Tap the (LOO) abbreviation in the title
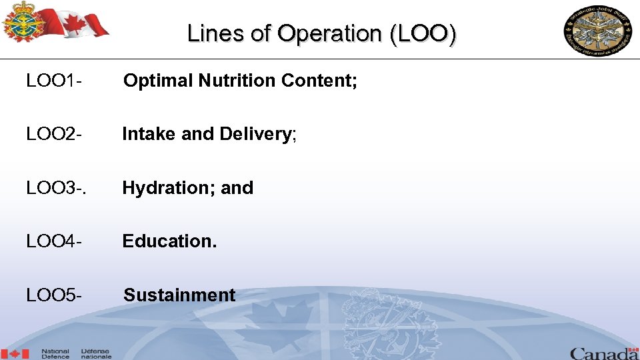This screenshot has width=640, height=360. click(425, 33)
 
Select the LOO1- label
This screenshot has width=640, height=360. click(54, 81)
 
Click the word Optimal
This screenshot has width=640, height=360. click(157, 81)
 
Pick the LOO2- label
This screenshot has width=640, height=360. click(54, 135)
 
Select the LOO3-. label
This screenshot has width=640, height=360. click(56, 188)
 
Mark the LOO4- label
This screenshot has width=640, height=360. click(54, 241)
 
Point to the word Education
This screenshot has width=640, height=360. click(169, 241)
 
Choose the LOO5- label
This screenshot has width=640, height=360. click(54, 295)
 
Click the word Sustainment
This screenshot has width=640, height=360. click(180, 295)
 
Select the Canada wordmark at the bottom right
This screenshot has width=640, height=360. click(603, 353)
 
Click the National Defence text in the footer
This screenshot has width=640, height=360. click(56, 353)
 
